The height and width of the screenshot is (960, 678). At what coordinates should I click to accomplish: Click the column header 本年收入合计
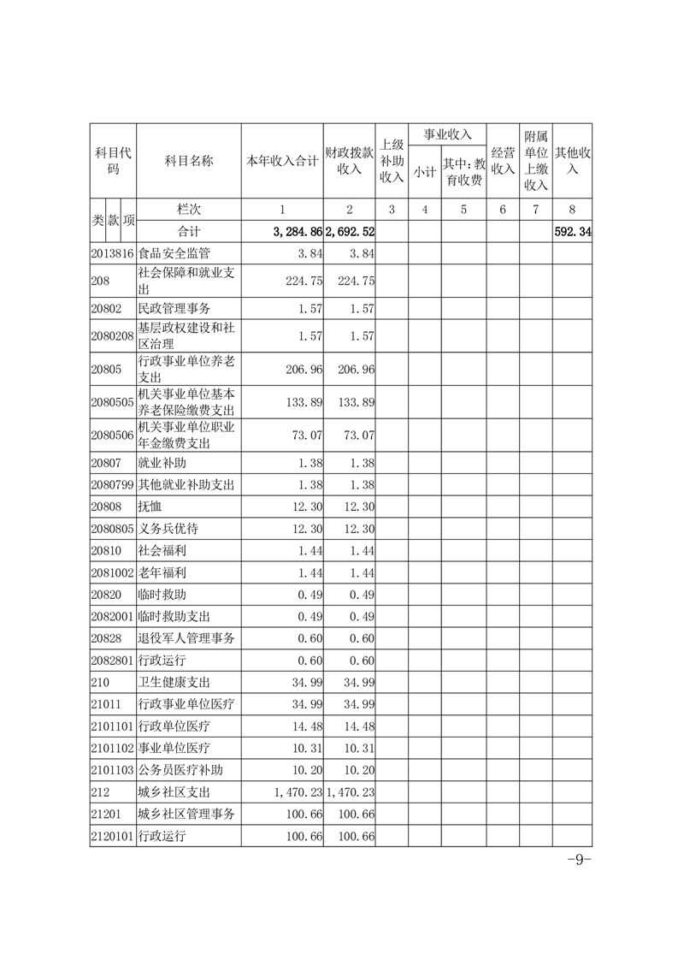[x=282, y=160]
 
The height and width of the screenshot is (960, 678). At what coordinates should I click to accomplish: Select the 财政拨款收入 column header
[x=350, y=160]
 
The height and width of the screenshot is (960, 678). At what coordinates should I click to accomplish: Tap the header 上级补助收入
[x=392, y=161]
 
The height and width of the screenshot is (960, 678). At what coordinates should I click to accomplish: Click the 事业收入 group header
[x=447, y=134]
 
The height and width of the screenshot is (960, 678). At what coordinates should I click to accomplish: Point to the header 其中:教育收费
[x=463, y=171]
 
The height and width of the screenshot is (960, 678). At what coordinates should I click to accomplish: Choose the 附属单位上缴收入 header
[x=535, y=161]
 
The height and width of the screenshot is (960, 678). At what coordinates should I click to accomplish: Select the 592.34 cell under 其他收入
[x=573, y=231]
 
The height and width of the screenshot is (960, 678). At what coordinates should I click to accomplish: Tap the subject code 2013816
[x=113, y=253]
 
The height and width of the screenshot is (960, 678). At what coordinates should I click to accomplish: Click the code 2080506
[x=113, y=436]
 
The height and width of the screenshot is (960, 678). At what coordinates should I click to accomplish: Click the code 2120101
[x=113, y=836]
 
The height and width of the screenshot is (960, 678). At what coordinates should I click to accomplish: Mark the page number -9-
[x=580, y=860]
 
